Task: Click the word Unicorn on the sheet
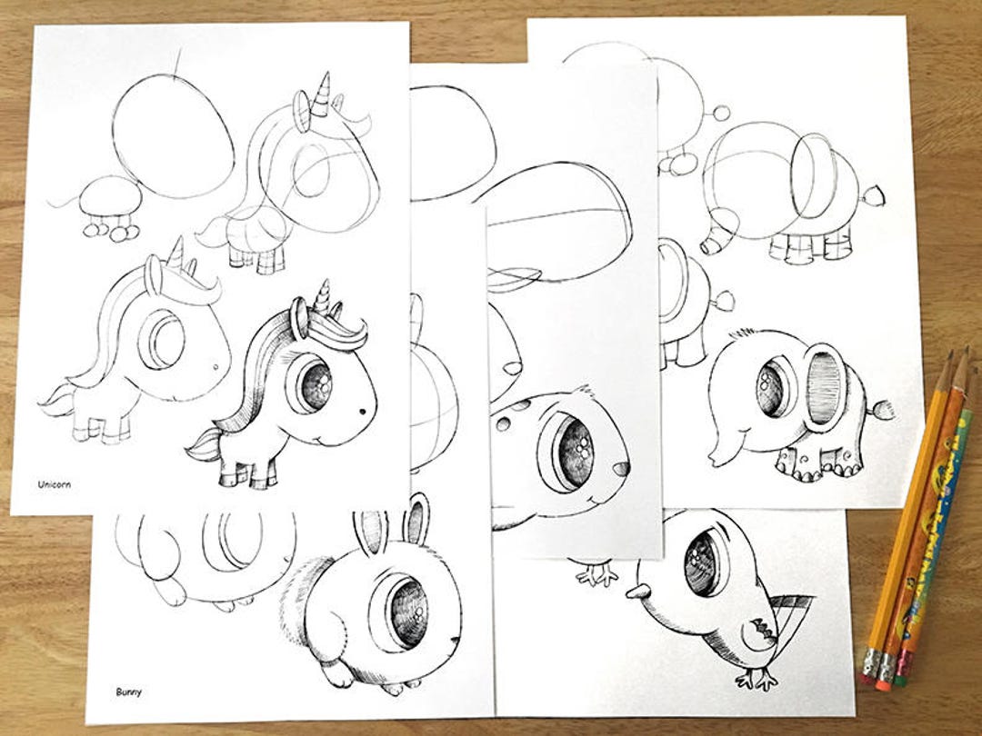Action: coord(54,484)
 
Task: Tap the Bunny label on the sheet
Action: coord(128,691)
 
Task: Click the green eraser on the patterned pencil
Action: coord(903,677)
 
